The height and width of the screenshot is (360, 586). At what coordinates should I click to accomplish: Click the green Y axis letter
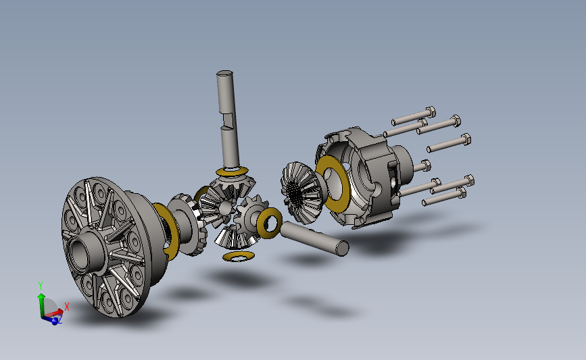click(41, 286)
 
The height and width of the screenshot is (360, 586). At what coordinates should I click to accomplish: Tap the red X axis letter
click(67, 307)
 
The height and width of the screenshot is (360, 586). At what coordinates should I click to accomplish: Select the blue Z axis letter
click(59, 319)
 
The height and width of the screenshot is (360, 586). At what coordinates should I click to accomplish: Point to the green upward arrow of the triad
click(41, 305)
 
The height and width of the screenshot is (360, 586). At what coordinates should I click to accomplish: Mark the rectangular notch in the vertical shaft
click(227, 120)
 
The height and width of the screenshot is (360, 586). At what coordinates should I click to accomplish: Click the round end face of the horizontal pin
click(342, 249)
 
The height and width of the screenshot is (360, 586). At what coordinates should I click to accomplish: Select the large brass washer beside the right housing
click(333, 184)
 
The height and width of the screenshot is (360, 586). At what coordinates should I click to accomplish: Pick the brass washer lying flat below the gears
click(239, 257)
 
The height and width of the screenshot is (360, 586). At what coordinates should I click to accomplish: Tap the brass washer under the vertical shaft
click(232, 172)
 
